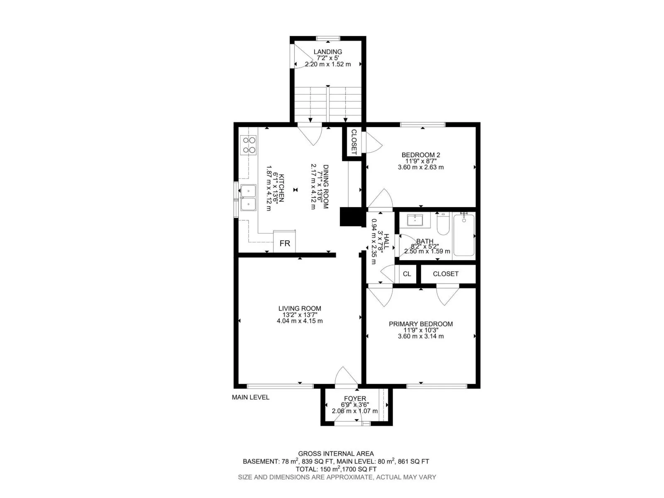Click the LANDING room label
pyautogui.click(x=327, y=52)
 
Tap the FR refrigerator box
pyautogui.click(x=284, y=241)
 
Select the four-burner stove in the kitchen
pyautogui.click(x=248, y=145)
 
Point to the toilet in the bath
pyautogui.click(x=442, y=223)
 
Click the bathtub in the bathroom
pyautogui.click(x=464, y=234)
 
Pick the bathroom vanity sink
pyautogui.click(x=415, y=220)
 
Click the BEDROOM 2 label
pyautogui.click(x=420, y=155)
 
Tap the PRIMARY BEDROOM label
pyautogui.click(x=420, y=324)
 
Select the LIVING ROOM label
pyautogui.click(x=300, y=308)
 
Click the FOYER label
pyautogui.click(x=355, y=398)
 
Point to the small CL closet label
pyautogui.click(x=407, y=273)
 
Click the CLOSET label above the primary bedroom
pyautogui.click(x=445, y=273)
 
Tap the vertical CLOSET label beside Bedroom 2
pyautogui.click(x=354, y=142)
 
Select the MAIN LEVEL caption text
pyautogui.click(x=250, y=397)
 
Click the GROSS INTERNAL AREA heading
pyautogui.click(x=336, y=454)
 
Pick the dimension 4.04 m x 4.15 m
pyautogui.click(x=300, y=321)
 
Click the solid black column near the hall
pyautogui.click(x=351, y=217)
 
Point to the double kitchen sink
pyautogui.click(x=248, y=198)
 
